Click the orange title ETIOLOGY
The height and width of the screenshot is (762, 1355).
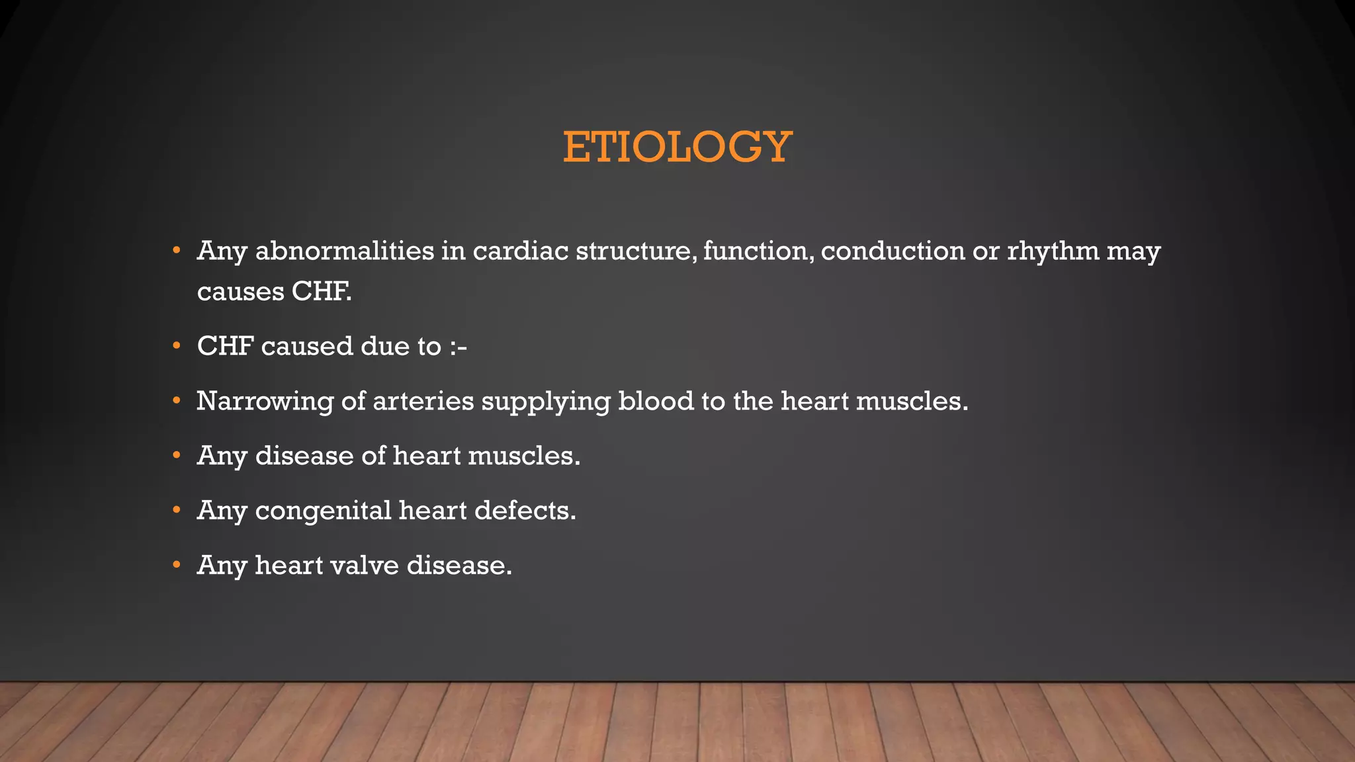click(x=677, y=146)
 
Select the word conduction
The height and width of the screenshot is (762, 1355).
click(x=893, y=251)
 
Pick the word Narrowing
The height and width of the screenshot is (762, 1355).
click(x=265, y=402)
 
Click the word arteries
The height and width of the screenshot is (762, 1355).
click(x=423, y=402)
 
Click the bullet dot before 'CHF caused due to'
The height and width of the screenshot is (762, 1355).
click(x=176, y=346)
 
